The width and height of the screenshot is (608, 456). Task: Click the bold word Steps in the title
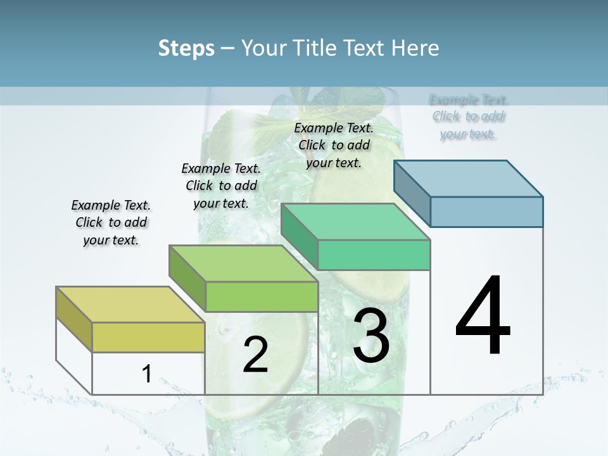[186, 48]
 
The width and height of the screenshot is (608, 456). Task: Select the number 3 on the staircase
[370, 336]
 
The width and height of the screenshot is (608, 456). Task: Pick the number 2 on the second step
[255, 355]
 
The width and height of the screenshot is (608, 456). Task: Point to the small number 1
[146, 374]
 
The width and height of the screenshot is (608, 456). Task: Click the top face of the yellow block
[130, 305]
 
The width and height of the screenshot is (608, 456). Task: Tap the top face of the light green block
[243, 263]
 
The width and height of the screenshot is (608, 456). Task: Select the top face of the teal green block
[355, 222]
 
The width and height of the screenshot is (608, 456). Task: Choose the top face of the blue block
[469, 179]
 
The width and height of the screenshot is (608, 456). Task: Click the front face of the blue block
[486, 212]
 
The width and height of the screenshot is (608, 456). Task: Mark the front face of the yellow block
[148, 337]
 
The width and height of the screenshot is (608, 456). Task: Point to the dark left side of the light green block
[187, 279]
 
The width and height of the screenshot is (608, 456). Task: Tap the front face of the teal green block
[374, 255]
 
